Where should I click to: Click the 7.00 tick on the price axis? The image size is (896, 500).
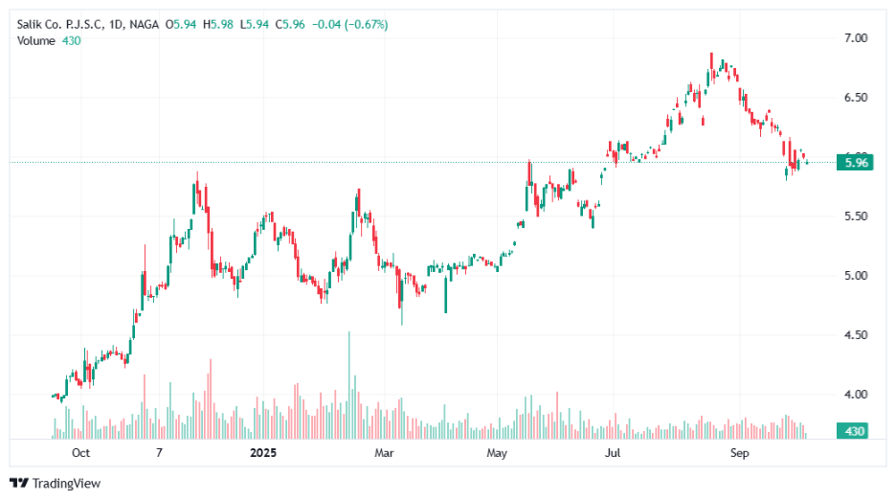pos(855,37)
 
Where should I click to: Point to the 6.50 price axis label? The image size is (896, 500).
pos(855,98)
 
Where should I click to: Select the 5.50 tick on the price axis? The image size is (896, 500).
pos(855,216)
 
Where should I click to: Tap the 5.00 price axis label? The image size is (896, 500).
pos(855,276)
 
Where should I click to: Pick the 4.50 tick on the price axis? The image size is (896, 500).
pos(855,335)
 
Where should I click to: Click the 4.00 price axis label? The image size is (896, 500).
pos(855,395)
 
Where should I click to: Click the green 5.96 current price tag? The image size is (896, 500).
pos(854,163)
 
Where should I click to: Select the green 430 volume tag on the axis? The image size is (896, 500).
pos(854,432)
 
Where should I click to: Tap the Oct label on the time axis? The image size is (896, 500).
pos(81,452)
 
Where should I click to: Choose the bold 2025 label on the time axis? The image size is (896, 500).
pos(263,452)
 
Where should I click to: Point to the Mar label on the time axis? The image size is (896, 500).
pos(384,452)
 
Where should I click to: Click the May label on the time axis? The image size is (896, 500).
pos(495,452)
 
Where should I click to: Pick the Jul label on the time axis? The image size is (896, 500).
pos(613,452)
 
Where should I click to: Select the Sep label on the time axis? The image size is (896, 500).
pos(738,452)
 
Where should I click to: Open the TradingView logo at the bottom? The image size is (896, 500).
pos(55,484)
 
